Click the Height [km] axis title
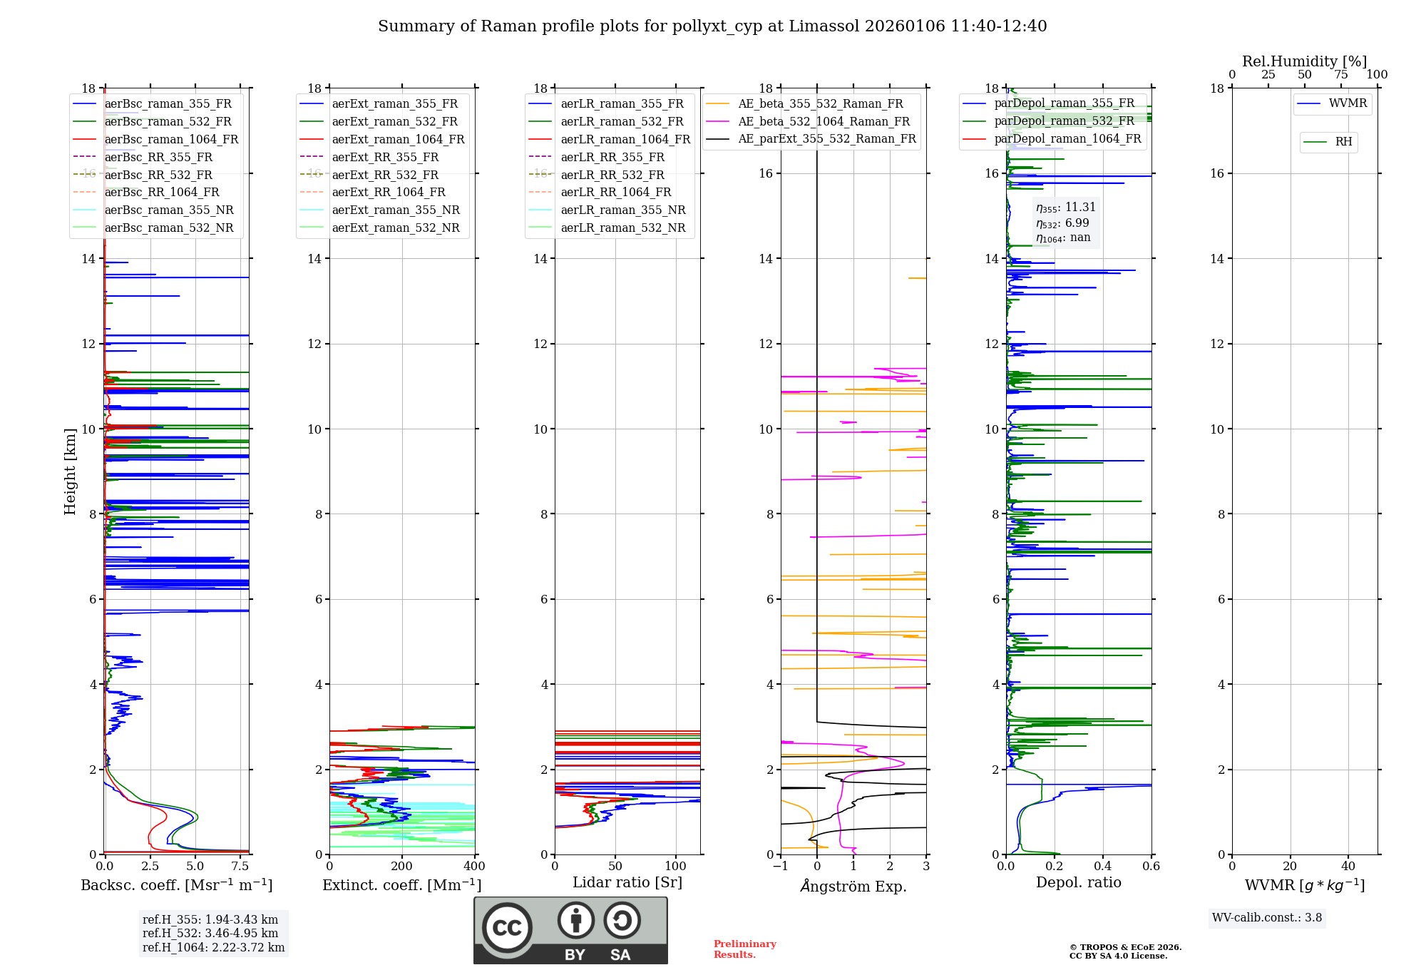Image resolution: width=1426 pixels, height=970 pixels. coord(70,471)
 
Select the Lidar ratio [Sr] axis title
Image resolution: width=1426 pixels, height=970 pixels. coord(627,882)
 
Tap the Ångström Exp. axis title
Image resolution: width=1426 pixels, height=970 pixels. coord(853,887)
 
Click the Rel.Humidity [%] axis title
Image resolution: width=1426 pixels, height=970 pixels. coord(1304,61)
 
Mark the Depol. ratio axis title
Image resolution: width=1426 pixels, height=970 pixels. coord(1078,882)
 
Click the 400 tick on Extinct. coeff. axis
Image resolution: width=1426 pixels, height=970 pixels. coord(474,867)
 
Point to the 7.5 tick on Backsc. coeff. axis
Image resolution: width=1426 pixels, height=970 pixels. coord(240,867)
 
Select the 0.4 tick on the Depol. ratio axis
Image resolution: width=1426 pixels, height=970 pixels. coord(1102,867)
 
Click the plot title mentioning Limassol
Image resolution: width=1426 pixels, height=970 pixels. coord(712,26)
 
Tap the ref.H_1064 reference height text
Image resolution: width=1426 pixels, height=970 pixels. coord(213,948)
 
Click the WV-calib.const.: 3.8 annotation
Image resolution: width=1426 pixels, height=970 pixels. coord(1267,918)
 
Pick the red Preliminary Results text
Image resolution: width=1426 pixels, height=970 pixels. coord(744,949)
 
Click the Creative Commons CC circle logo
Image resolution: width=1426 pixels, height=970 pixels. coord(507,928)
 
